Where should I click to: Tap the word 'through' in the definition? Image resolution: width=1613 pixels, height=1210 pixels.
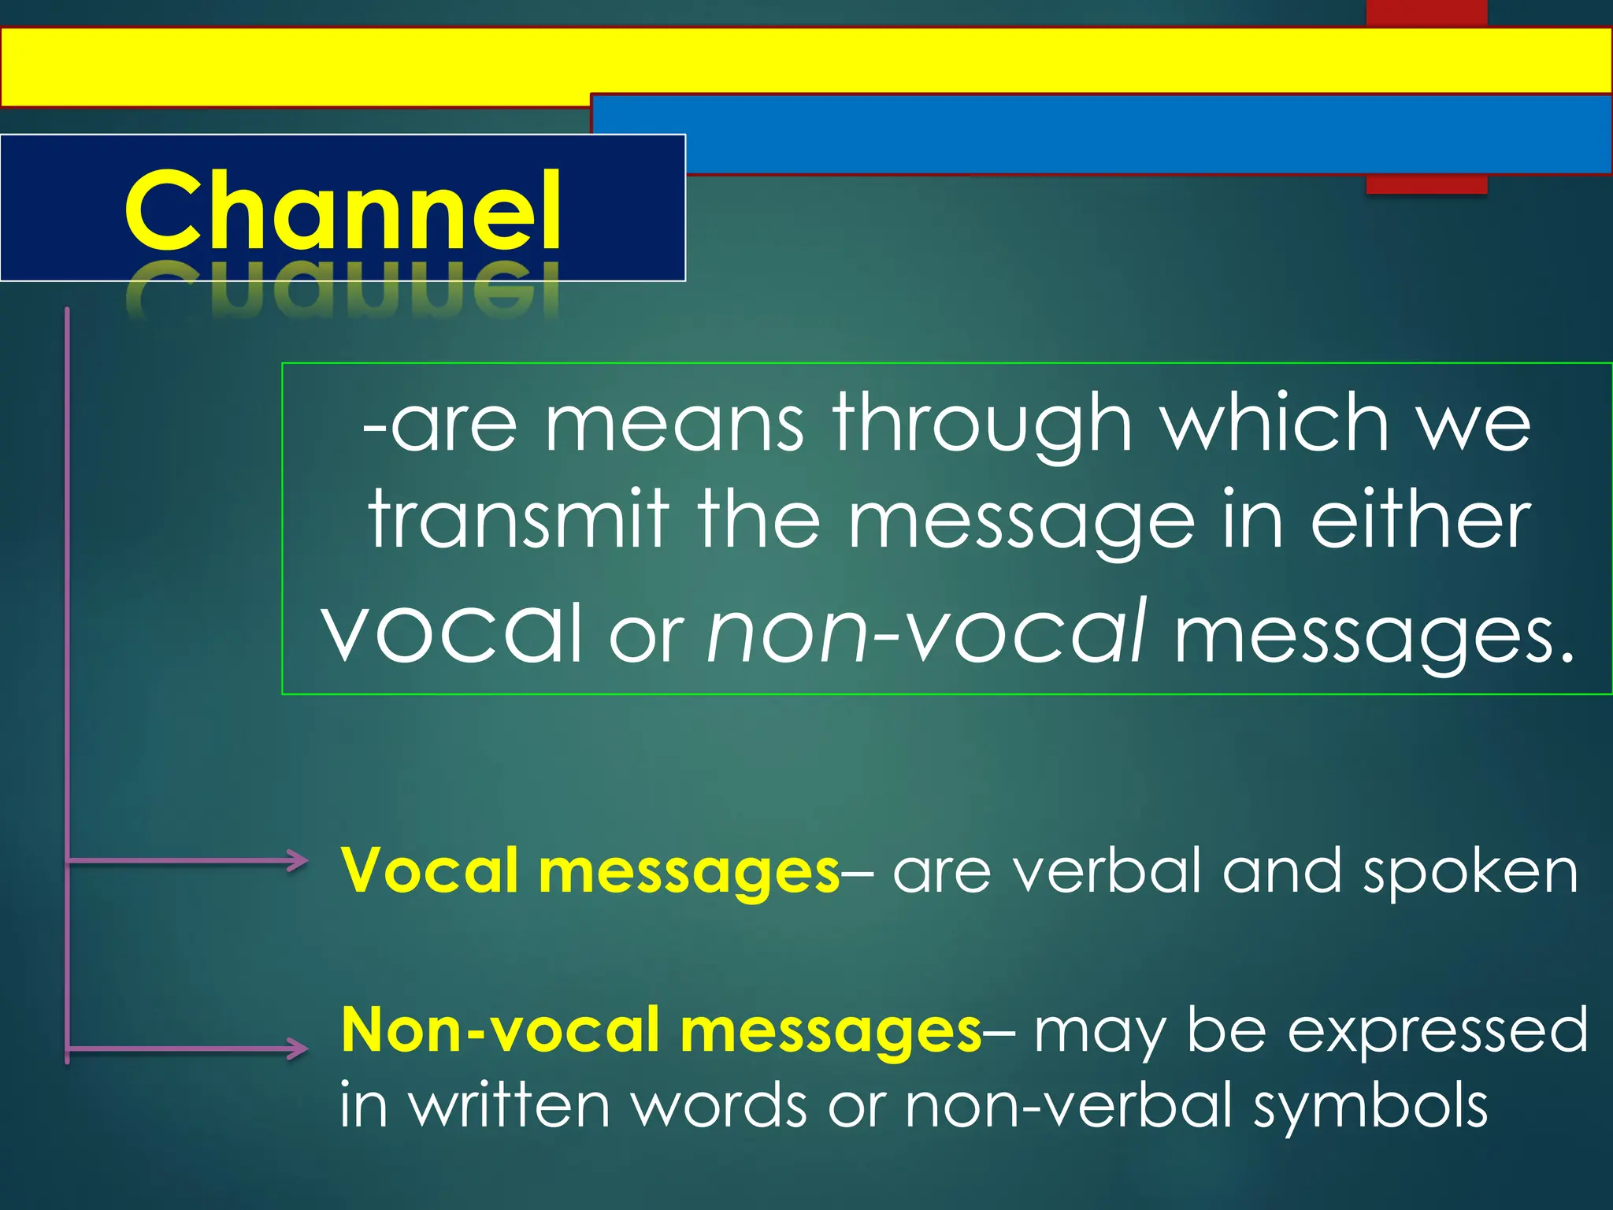[x=982, y=425]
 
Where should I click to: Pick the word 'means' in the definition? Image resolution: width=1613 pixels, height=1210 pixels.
[x=674, y=425]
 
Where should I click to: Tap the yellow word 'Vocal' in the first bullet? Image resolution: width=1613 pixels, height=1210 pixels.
[x=429, y=871]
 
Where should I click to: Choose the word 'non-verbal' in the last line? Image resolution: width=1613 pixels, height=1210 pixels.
[x=1069, y=1104]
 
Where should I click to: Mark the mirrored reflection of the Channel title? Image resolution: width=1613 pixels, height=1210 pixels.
[x=343, y=291]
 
